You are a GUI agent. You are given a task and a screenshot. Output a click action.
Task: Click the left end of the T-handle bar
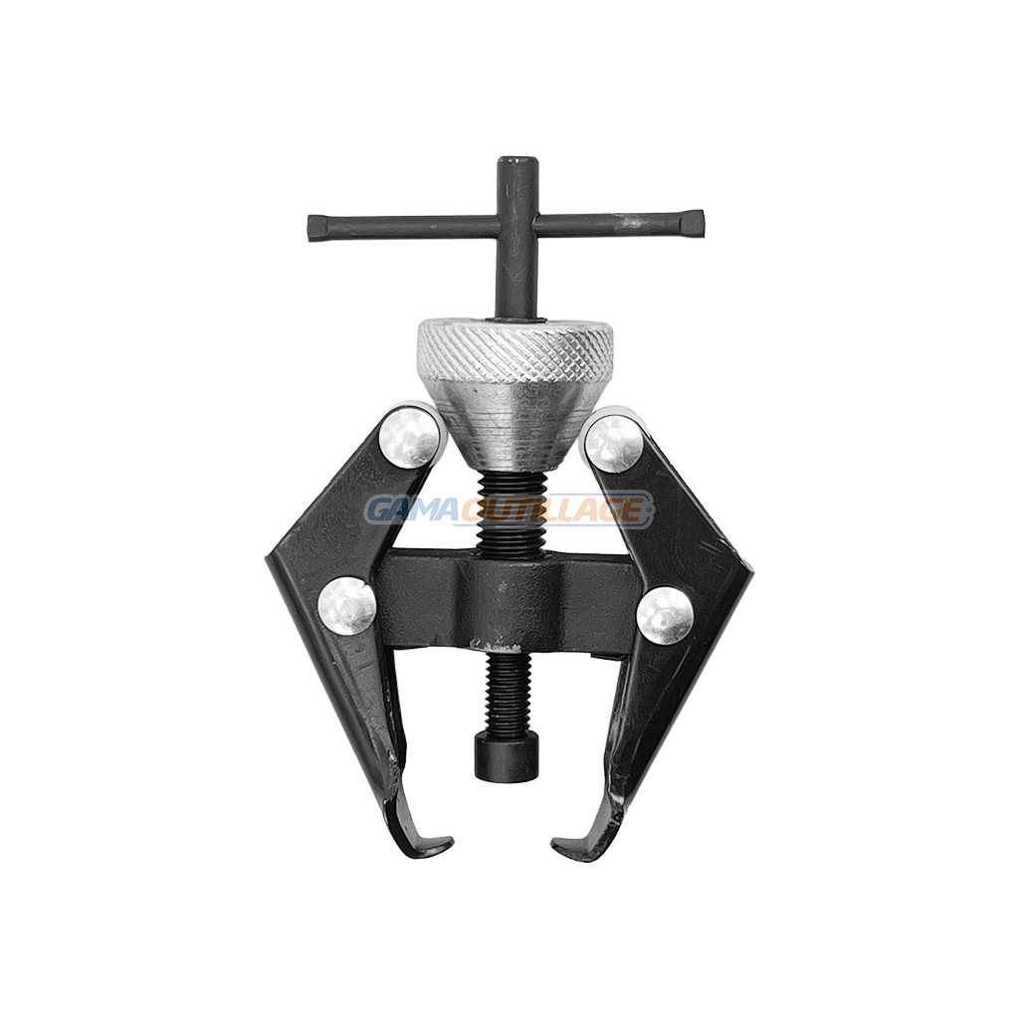click(x=310, y=226)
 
